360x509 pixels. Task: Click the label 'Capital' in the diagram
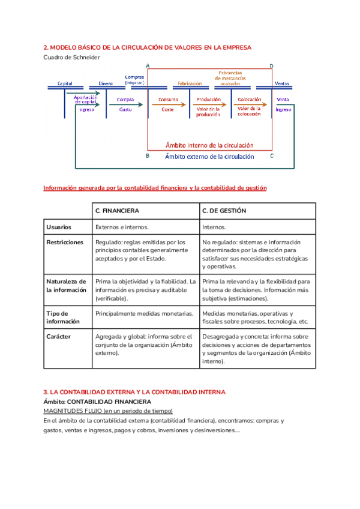click(x=65, y=83)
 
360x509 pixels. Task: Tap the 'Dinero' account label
click(x=106, y=83)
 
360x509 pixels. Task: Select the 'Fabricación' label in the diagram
click(x=189, y=83)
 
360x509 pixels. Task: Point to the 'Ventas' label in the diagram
click(x=281, y=83)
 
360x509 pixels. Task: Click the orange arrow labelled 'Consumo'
click(x=169, y=104)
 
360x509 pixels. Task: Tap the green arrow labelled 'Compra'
click(x=126, y=104)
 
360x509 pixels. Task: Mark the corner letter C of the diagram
click(x=272, y=156)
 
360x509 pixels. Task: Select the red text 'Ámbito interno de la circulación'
click(x=209, y=145)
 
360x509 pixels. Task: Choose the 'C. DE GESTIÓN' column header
click(x=224, y=211)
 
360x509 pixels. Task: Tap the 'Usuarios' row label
click(x=59, y=227)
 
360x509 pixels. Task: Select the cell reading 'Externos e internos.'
click(x=122, y=227)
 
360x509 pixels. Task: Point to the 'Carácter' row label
click(x=59, y=337)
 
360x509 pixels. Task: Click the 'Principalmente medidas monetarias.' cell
click(x=144, y=314)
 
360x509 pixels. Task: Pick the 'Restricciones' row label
click(x=65, y=242)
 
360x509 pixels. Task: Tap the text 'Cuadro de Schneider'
click(x=72, y=58)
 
